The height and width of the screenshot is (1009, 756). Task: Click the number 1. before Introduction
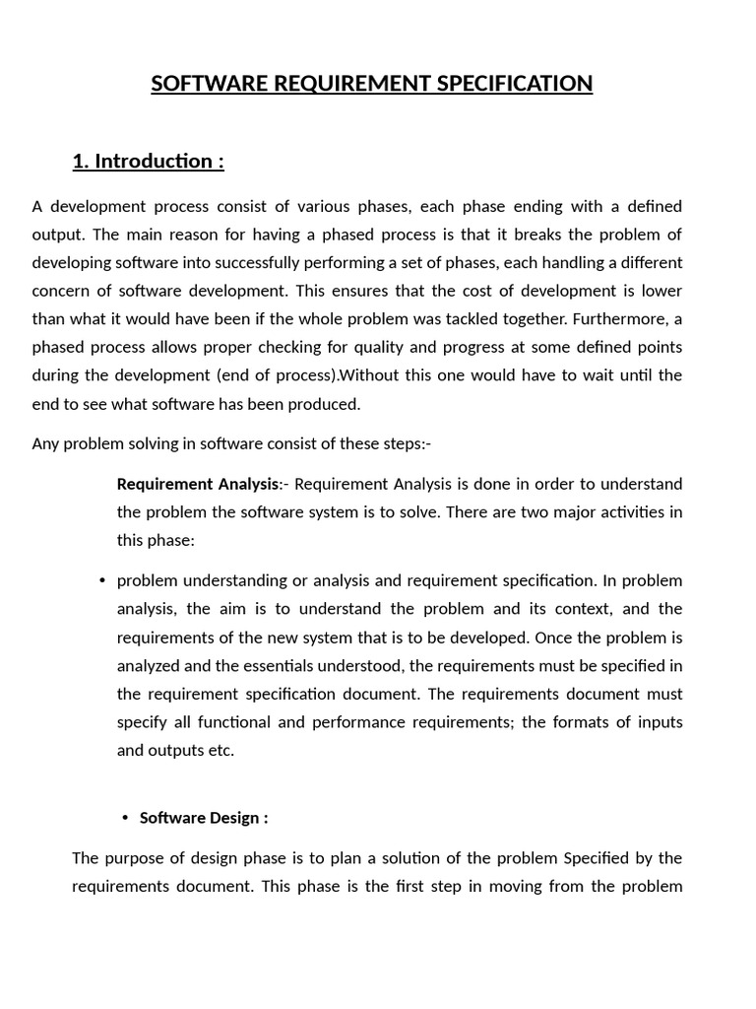pos(81,161)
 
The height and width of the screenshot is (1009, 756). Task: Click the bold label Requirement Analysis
pos(198,484)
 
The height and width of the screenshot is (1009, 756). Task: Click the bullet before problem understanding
pos(102,580)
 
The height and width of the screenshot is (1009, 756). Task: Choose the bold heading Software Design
pos(204,818)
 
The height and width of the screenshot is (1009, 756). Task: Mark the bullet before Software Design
pos(125,818)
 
